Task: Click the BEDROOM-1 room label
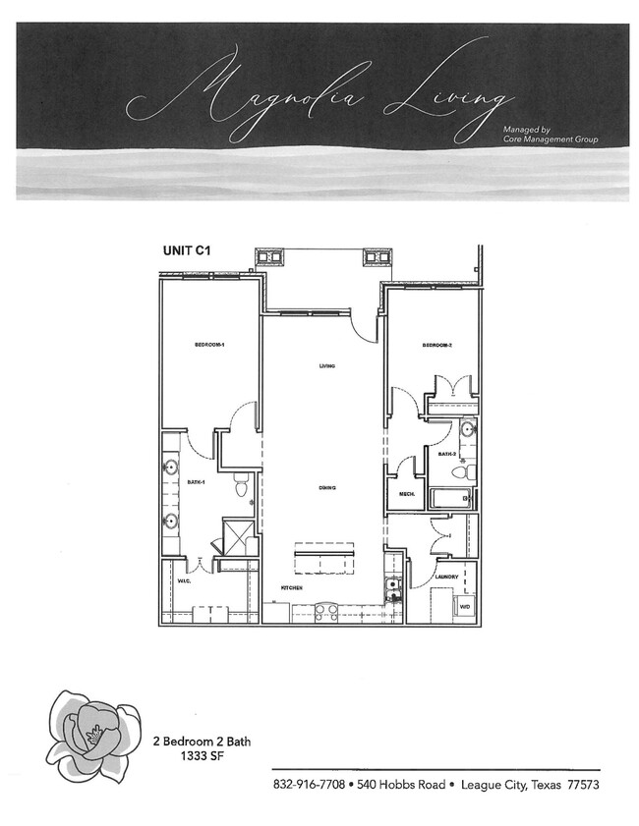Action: click(x=210, y=345)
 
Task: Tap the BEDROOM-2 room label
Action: click(x=436, y=345)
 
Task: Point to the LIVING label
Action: click(x=327, y=367)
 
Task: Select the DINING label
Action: click(x=327, y=488)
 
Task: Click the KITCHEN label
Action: click(x=290, y=587)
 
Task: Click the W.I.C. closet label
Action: click(x=184, y=580)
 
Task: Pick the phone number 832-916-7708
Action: click(x=309, y=786)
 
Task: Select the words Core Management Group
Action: click(x=550, y=139)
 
